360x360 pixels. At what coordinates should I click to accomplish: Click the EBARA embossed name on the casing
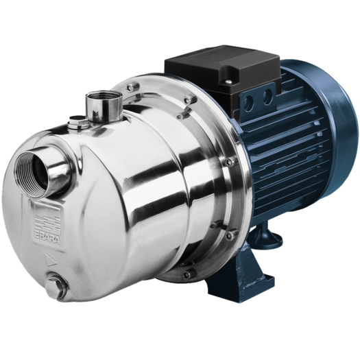tap(47, 238)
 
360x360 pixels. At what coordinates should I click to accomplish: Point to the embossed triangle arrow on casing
tap(51, 260)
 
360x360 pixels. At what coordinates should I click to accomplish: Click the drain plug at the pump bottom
tap(56, 287)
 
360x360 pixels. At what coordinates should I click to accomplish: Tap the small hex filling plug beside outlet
tap(78, 121)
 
